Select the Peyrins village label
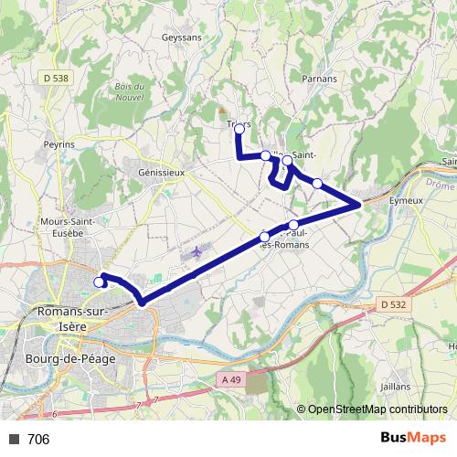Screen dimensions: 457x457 pos(58,145)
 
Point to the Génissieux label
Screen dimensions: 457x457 pos(161,171)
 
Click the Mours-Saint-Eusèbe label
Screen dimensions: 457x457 pos(62,228)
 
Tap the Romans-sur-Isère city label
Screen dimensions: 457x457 pos(72,318)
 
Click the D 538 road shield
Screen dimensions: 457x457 pos(56,79)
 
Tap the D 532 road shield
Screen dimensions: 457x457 pos(392,303)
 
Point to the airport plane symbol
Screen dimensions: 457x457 pos(197,250)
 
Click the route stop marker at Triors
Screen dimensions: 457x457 pos(239,130)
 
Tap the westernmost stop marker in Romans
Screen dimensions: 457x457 pos(99,282)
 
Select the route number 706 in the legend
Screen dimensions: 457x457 pos(38,440)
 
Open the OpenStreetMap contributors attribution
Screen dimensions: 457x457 pos(377,410)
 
